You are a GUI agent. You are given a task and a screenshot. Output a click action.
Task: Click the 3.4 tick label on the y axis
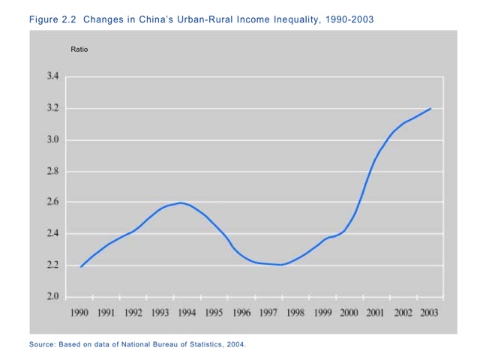click(53, 76)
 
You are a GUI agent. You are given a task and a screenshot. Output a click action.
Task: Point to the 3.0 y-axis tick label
click(53, 139)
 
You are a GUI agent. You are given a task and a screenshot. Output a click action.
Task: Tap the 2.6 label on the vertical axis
click(53, 202)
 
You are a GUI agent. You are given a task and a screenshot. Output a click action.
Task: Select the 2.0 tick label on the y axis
click(53, 297)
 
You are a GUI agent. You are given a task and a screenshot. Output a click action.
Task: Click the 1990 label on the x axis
click(79, 312)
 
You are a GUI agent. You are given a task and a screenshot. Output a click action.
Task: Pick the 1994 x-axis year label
click(187, 312)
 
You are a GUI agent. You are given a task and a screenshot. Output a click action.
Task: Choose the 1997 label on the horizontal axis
click(268, 312)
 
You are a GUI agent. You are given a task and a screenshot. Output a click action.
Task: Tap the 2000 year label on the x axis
click(348, 312)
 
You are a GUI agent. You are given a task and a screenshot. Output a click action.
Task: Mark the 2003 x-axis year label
click(429, 312)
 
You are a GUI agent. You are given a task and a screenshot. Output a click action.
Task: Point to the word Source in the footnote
click(42, 345)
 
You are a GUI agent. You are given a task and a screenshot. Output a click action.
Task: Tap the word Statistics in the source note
click(197, 345)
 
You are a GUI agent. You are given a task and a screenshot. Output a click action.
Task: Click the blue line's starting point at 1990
click(81, 266)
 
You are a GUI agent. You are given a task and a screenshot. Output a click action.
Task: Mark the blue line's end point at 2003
click(430, 109)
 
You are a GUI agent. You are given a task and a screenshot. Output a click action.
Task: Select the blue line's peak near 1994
click(180, 202)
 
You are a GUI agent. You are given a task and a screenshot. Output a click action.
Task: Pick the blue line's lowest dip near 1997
click(280, 265)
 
